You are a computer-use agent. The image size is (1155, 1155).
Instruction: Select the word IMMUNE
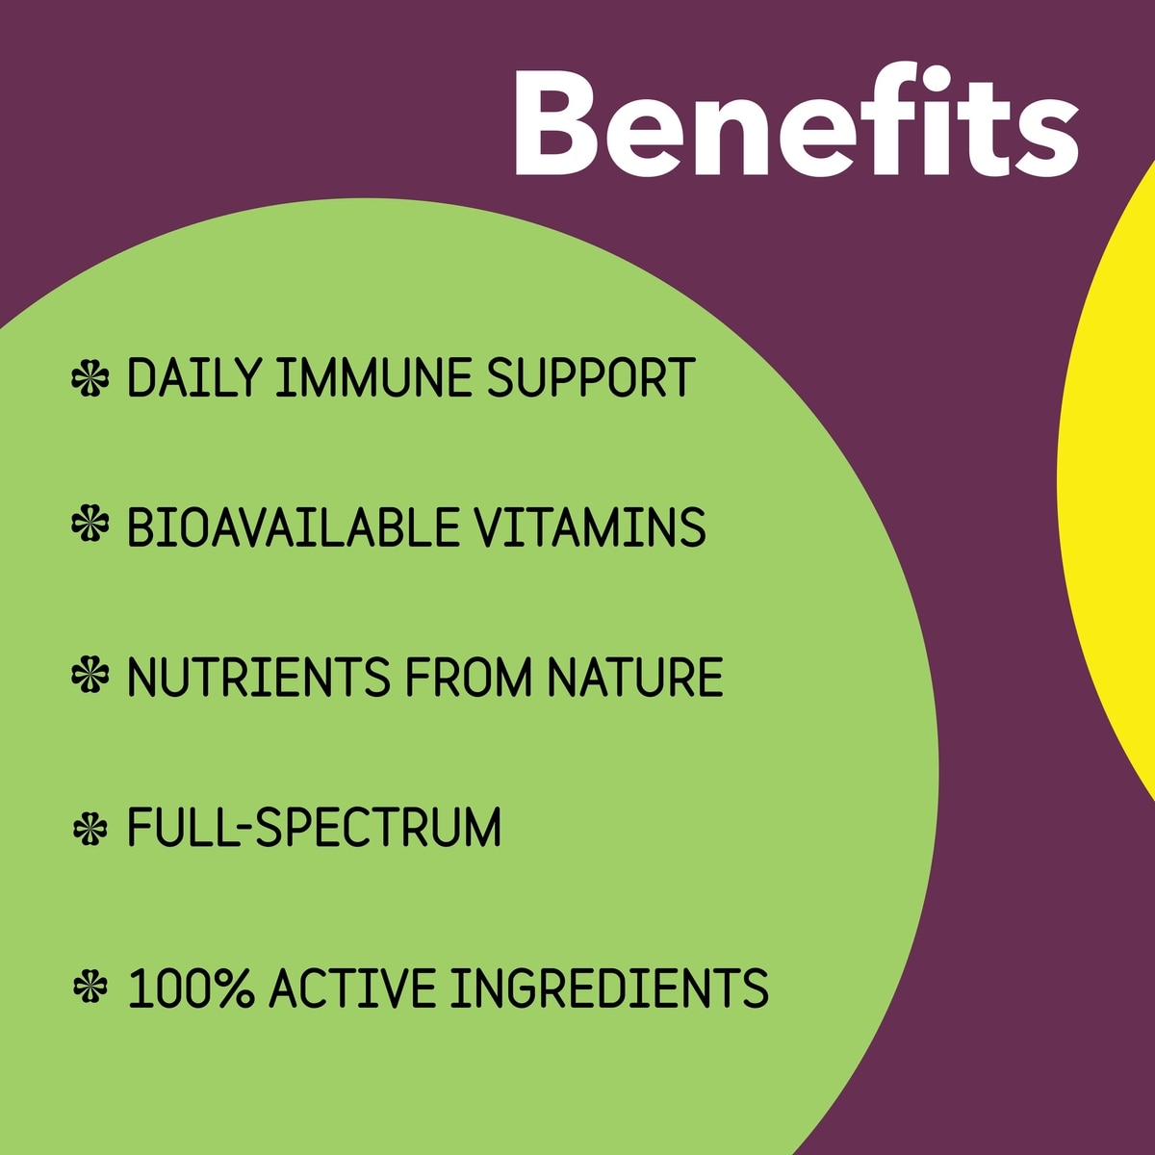pos(373,377)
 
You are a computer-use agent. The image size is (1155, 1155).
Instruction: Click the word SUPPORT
pos(590,377)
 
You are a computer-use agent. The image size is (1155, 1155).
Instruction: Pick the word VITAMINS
pos(590,526)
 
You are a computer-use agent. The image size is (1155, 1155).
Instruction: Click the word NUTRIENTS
pos(259,677)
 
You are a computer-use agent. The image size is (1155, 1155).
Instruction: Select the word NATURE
pos(635,677)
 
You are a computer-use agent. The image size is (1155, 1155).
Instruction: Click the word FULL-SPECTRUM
pos(314,827)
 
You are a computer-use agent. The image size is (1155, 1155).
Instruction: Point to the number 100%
pos(191,988)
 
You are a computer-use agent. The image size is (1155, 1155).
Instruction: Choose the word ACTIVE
pos(352,988)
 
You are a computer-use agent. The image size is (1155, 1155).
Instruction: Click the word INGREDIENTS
pos(609,988)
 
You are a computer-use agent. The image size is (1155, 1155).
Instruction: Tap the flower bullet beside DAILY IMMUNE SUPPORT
pos(90,377)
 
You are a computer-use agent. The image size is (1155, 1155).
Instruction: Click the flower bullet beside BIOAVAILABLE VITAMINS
pos(90,524)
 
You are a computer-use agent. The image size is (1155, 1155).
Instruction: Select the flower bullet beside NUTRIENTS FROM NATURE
pos(90,675)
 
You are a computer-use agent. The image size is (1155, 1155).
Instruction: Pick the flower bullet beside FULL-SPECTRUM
pos(90,829)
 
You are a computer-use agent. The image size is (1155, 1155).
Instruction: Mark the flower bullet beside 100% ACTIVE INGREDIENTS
pos(90,986)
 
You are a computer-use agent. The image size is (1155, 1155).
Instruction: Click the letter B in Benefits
pos(556,123)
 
